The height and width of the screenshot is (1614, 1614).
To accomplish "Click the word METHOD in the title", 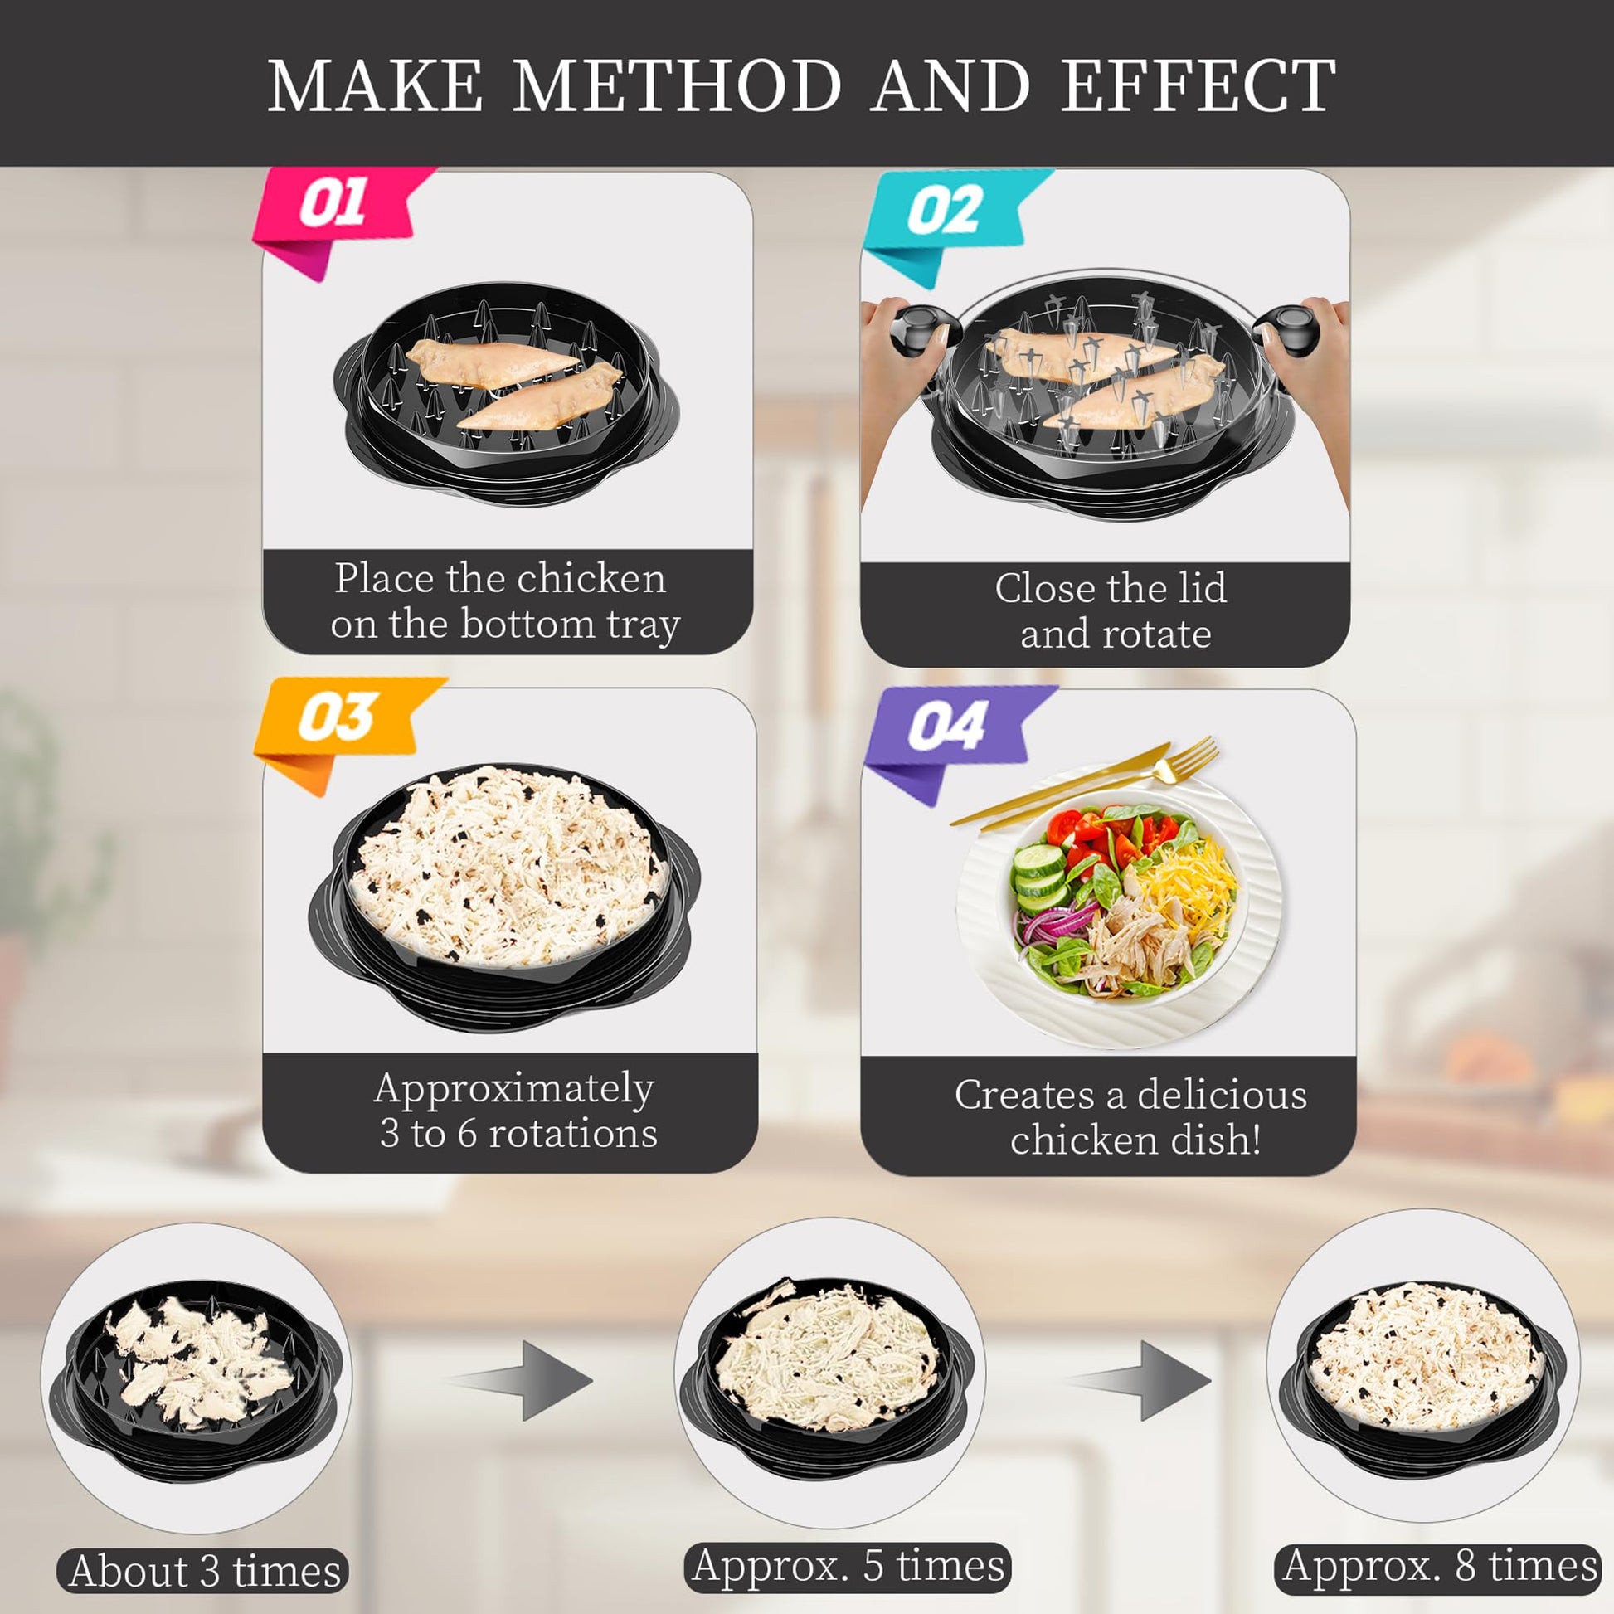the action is click(677, 85).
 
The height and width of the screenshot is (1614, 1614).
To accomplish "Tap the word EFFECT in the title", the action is click(1198, 85).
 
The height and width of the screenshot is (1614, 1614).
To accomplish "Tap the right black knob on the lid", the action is click(1287, 328).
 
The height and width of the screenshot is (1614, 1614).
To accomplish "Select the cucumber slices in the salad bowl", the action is click(1039, 877).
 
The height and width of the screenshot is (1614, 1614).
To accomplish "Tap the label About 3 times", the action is click(203, 1572).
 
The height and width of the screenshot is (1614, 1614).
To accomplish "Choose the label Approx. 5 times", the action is click(847, 1566).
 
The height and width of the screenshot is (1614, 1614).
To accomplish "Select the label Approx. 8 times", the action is click(1438, 1566).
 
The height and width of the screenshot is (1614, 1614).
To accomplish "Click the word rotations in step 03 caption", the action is click(573, 1135).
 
